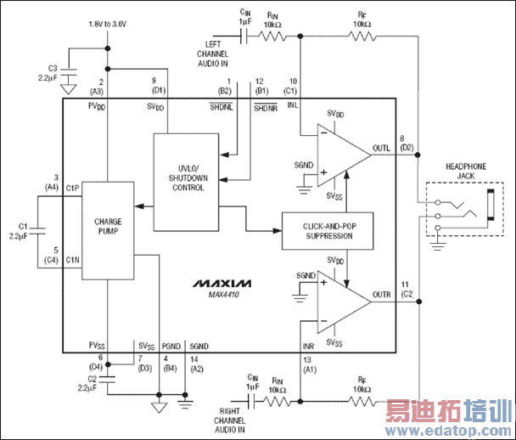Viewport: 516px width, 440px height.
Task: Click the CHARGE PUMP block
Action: (109, 228)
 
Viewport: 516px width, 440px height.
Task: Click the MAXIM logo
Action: (222, 281)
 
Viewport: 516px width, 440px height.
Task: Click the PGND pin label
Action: (171, 346)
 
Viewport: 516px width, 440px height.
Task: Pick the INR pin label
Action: (309, 347)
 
